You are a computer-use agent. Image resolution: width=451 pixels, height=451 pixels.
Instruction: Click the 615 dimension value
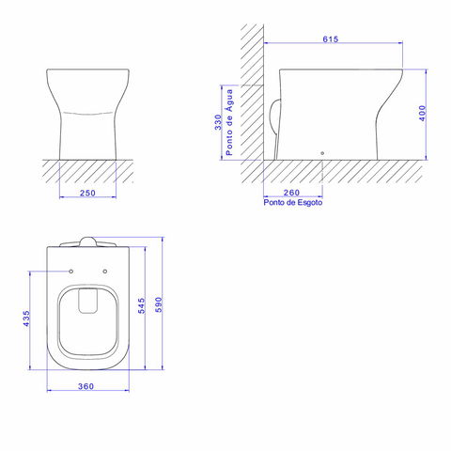coord(331,39)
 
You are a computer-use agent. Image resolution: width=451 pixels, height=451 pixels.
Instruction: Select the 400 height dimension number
coord(423,113)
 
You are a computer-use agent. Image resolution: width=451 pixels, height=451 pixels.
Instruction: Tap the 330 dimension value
coord(218,122)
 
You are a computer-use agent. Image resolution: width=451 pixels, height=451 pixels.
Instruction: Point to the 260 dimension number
coord(291,193)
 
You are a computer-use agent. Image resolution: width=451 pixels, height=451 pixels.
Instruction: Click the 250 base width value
coord(87,193)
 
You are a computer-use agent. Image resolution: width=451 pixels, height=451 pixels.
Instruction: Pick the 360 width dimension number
coord(86,386)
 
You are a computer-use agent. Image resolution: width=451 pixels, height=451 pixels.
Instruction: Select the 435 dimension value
coord(26,319)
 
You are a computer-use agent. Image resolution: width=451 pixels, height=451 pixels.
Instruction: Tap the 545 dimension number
coord(142,305)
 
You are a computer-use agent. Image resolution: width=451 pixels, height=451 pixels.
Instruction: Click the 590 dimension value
coord(159,304)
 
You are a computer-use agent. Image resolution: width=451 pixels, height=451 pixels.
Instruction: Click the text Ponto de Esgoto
coord(293,202)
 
